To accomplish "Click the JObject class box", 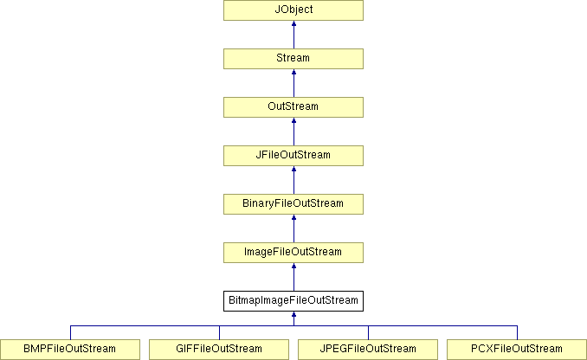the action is point(293,10).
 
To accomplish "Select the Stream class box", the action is point(293,59).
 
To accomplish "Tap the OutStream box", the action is point(293,107).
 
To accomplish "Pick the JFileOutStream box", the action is point(293,156).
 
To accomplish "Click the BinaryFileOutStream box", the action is point(293,204).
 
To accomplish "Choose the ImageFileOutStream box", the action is point(293,253).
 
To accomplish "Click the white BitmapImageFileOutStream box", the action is point(293,301).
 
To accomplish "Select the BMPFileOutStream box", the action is point(70,350).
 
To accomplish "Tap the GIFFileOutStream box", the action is point(219,350).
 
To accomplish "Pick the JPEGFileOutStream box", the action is point(368,350).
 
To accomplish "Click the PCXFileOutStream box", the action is point(517,350).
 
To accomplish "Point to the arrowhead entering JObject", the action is point(293,23).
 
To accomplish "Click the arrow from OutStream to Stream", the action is point(293,83).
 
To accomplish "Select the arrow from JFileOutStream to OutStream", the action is point(293,132).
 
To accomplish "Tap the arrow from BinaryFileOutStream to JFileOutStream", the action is point(293,180).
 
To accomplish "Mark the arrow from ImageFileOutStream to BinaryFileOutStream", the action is point(293,228).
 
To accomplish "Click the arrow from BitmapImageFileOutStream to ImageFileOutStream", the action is point(293,277).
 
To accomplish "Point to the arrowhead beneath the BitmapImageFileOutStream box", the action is point(293,314).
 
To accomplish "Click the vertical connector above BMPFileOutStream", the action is point(70,332).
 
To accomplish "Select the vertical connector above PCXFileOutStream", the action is point(517,332).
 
